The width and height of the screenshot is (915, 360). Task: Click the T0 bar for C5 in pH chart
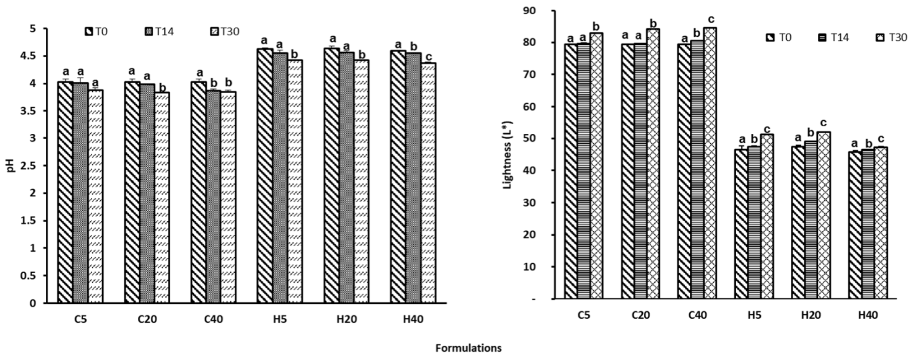(65, 193)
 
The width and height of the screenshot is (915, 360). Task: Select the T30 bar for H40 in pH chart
(428, 184)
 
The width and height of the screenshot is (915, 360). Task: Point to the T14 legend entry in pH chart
(159, 31)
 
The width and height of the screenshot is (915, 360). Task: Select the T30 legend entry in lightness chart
(891, 37)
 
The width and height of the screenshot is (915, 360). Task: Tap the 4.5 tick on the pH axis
(36, 56)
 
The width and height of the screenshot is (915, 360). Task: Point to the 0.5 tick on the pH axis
(36, 276)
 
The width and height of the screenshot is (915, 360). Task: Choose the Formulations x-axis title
(468, 348)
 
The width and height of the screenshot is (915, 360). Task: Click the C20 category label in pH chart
(147, 319)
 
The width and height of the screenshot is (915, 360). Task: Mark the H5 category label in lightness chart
(753, 315)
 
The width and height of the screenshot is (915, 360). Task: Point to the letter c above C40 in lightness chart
(711, 19)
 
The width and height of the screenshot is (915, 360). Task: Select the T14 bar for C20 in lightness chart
(640, 170)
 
